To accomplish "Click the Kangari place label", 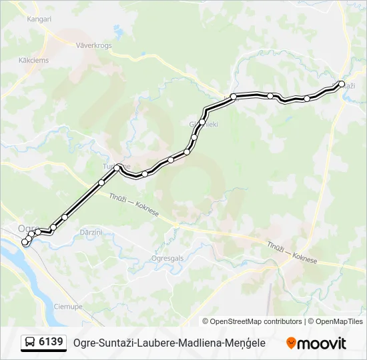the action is coord(39,19).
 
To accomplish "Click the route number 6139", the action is coord(51,342).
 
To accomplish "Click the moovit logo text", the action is coord(322,343).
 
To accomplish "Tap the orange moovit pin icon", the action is coord(291,343).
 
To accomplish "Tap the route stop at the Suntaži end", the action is coord(342,84).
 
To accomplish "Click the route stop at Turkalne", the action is coord(118,167).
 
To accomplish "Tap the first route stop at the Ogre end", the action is coord(25,243).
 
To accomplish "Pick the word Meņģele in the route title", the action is coord(245,343).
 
